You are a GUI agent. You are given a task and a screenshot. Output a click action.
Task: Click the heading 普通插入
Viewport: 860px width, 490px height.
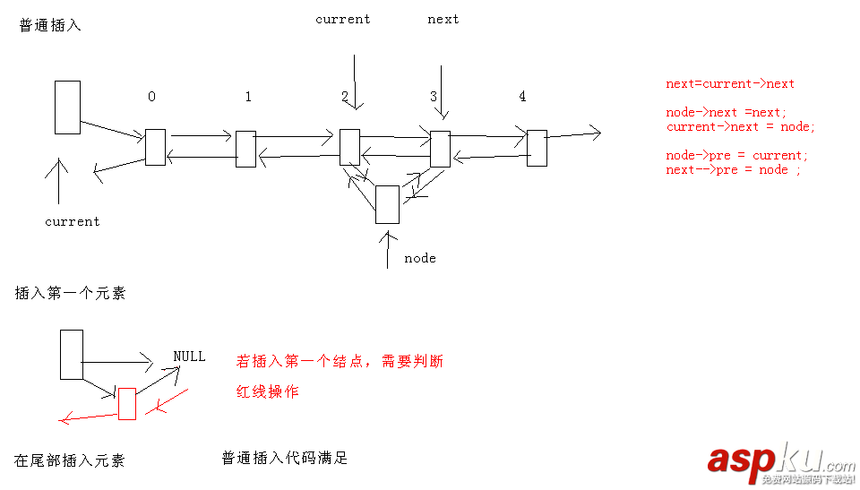click(x=50, y=26)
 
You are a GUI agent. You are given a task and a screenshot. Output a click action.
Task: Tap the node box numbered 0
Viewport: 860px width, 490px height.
click(x=155, y=147)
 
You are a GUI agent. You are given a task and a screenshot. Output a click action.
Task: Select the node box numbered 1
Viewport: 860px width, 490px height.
click(x=245, y=149)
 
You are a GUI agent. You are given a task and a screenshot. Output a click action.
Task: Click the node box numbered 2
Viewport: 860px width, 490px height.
click(x=349, y=147)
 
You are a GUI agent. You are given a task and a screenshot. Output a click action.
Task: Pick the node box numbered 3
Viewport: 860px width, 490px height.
click(x=439, y=149)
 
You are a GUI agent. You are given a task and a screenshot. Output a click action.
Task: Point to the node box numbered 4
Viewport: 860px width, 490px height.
click(x=536, y=148)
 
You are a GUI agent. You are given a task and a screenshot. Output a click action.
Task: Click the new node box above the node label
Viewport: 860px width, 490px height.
click(x=387, y=204)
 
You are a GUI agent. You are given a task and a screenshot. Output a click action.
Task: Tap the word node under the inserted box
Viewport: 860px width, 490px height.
click(x=419, y=258)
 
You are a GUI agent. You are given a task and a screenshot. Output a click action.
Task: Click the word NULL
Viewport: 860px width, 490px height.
click(x=189, y=357)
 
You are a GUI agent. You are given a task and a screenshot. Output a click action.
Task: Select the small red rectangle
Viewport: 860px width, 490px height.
click(x=126, y=403)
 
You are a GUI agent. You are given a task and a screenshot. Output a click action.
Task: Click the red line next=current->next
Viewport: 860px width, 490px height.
click(x=730, y=83)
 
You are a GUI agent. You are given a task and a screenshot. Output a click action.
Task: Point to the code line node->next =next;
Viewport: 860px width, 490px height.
click(x=727, y=112)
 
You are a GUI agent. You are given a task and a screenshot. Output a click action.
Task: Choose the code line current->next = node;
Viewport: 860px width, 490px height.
click(x=741, y=126)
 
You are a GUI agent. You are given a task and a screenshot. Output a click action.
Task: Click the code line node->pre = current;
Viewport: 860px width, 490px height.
click(x=736, y=155)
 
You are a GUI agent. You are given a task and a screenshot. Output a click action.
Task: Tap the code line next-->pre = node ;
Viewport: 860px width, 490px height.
click(x=733, y=169)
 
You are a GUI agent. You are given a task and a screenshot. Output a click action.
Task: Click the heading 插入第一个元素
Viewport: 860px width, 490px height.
click(x=70, y=293)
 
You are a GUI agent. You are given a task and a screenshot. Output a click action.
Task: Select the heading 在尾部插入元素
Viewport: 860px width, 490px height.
click(x=70, y=460)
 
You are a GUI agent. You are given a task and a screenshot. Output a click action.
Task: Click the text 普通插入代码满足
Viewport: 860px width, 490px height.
click(x=284, y=458)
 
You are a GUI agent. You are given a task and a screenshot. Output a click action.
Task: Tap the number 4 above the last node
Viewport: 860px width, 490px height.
click(x=522, y=96)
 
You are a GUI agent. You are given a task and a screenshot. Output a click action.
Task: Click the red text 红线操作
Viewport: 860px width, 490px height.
click(x=267, y=391)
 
